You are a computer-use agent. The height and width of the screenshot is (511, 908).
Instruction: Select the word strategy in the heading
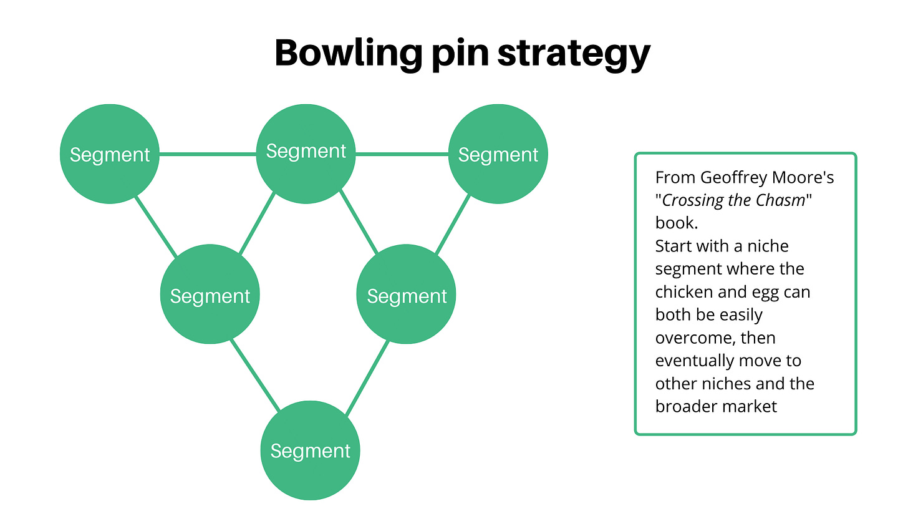coord(574,54)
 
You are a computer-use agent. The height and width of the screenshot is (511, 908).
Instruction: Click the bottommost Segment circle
coord(310,450)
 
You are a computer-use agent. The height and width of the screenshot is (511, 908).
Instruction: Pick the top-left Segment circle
coord(110,154)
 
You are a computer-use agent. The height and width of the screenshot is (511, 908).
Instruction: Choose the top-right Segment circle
coord(498,154)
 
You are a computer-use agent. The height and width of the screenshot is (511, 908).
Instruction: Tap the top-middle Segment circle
coord(306,152)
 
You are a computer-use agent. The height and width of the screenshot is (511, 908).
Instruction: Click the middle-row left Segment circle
coord(210,295)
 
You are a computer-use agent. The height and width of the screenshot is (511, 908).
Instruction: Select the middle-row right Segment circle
coord(406,295)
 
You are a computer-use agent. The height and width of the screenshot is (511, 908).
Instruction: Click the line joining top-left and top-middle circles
coord(208,153)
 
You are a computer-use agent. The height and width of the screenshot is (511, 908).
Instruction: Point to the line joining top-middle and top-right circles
coord(402,153)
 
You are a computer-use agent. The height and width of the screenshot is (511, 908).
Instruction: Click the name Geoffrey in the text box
coord(736,178)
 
